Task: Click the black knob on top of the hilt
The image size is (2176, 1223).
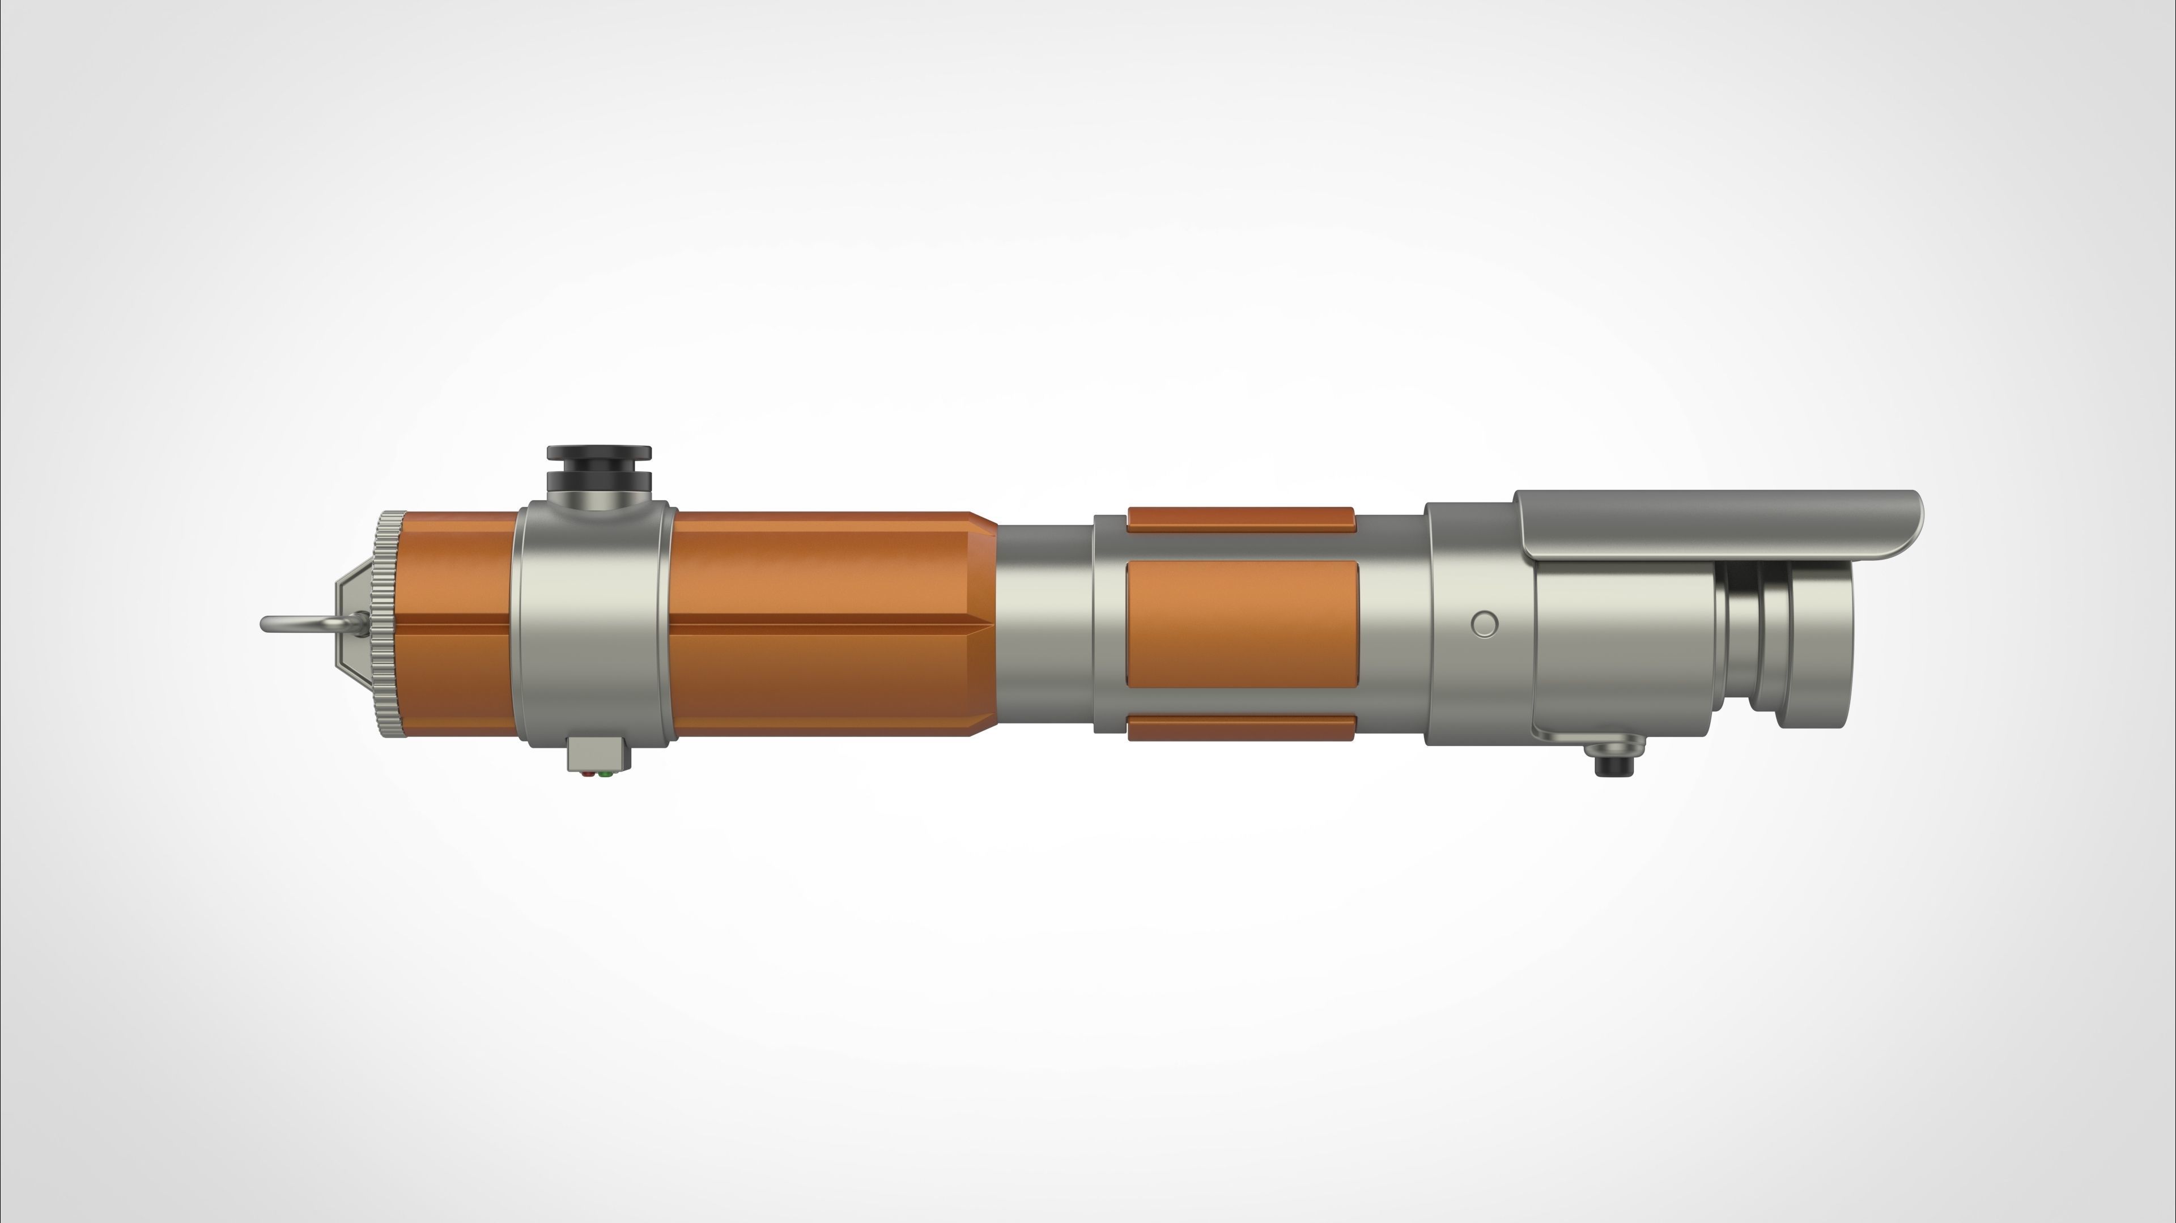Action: pyautogui.click(x=599, y=469)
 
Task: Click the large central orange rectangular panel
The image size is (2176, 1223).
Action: pyautogui.click(x=1242, y=623)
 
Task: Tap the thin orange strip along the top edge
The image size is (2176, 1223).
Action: pyautogui.click(x=1240, y=518)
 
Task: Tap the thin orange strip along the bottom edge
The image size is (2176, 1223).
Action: pyautogui.click(x=1240, y=727)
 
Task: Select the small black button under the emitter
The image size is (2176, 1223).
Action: pyautogui.click(x=1613, y=764)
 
